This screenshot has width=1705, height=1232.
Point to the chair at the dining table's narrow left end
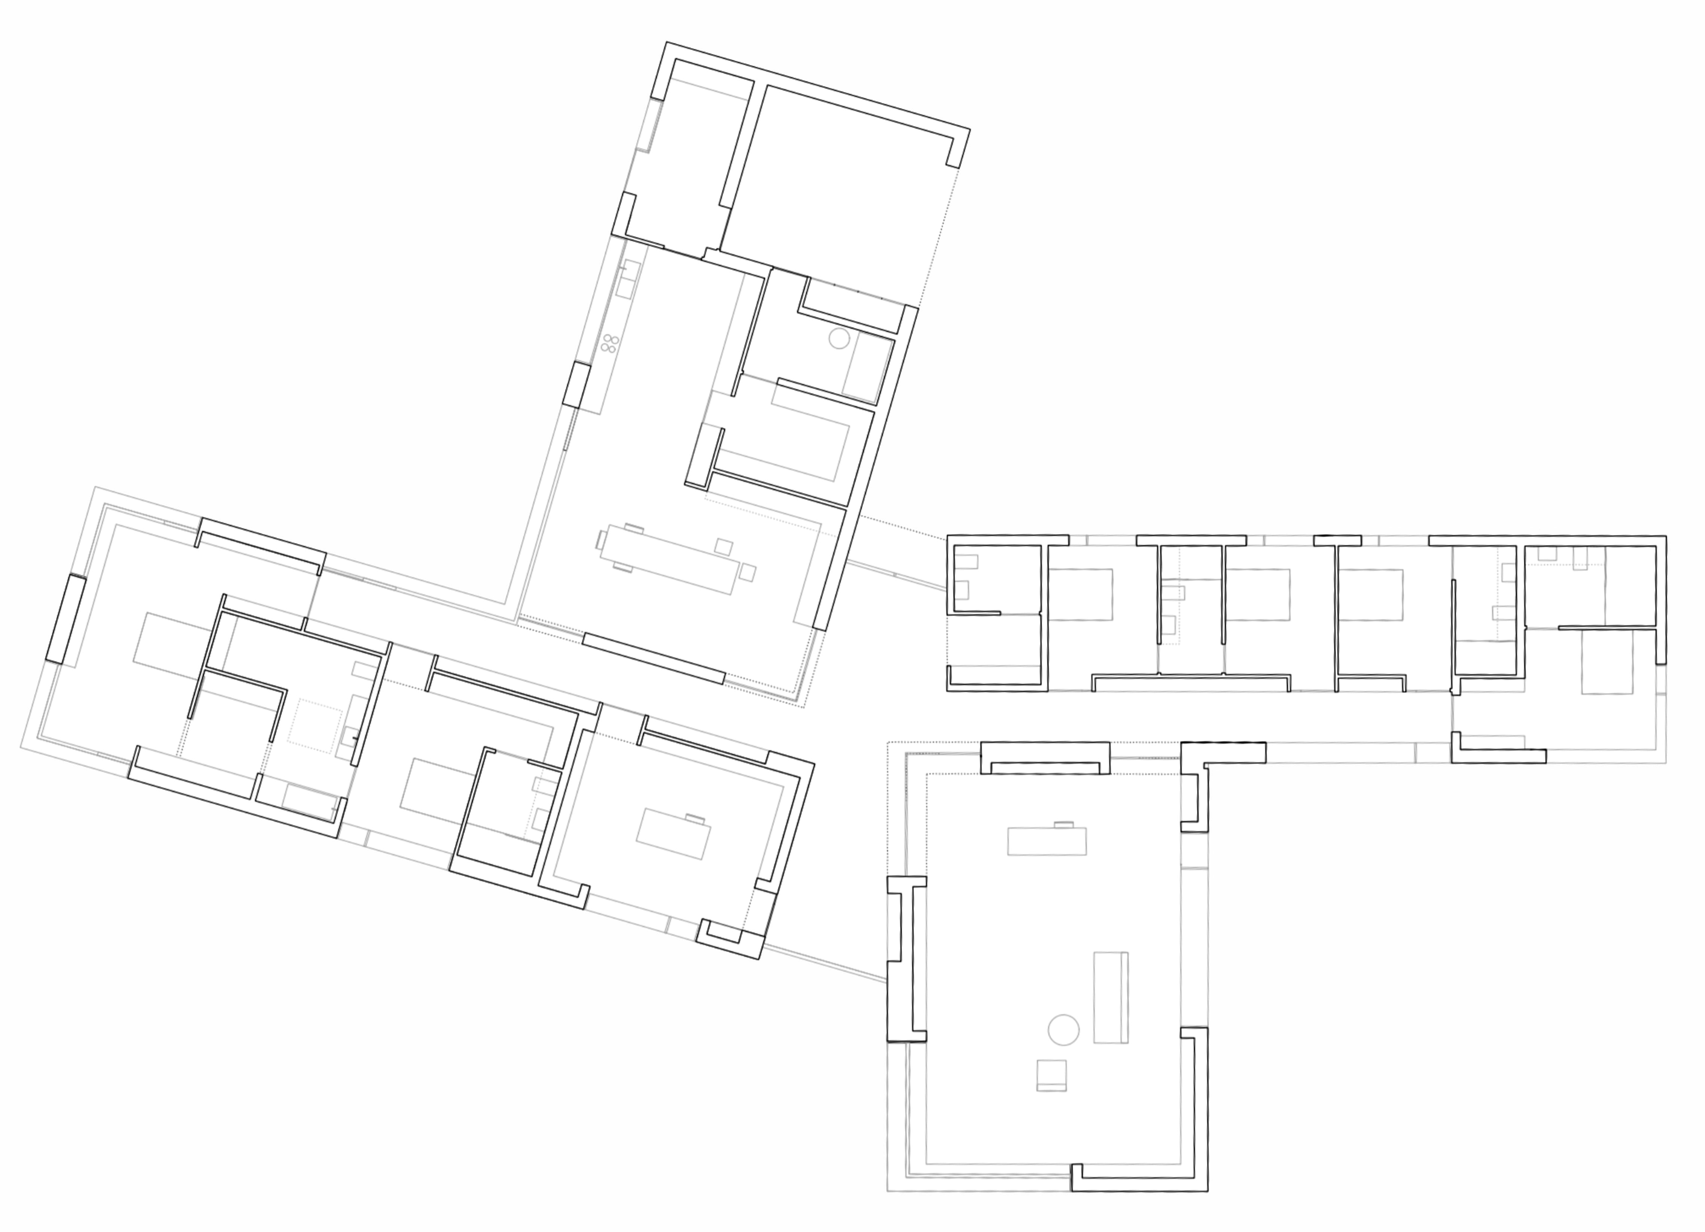(x=602, y=540)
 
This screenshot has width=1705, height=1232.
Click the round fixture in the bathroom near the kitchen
(x=839, y=339)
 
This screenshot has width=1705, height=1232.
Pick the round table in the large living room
(x=1063, y=1030)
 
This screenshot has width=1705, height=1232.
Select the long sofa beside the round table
(x=1110, y=998)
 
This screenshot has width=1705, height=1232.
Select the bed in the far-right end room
(x=1607, y=662)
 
